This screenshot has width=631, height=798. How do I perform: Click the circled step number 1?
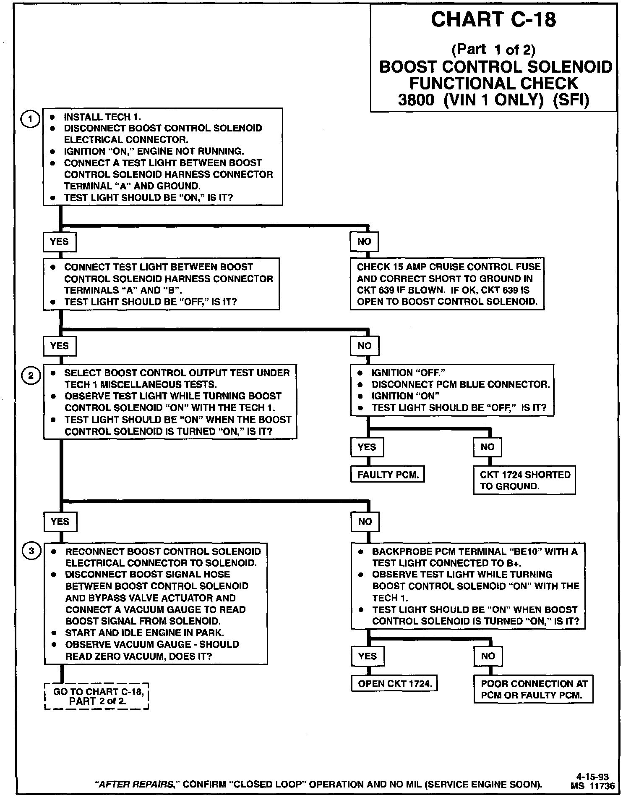tap(30, 119)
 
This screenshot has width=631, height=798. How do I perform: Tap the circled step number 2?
tap(31, 375)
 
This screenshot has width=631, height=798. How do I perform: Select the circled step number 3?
tap(31, 551)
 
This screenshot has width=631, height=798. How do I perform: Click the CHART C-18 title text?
tap(493, 20)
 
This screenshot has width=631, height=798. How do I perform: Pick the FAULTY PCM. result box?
tap(388, 475)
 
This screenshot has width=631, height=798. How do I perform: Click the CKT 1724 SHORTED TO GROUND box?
tap(524, 480)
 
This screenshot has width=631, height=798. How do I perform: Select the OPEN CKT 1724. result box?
tap(394, 684)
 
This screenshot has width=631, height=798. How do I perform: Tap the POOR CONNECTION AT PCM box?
tap(534, 690)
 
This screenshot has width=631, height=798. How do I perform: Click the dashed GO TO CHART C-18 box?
tap(97, 696)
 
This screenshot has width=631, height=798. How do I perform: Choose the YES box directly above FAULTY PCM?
tap(367, 447)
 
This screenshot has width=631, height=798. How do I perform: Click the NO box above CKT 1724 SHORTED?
tap(487, 447)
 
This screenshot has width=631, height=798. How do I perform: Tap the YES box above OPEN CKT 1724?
tap(368, 656)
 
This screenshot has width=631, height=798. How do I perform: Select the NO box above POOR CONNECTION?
tap(488, 656)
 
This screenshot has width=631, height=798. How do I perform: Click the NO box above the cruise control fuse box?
tap(364, 241)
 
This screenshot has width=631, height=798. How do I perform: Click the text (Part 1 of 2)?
tap(493, 50)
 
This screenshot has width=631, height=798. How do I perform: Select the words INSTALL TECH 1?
tap(102, 117)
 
